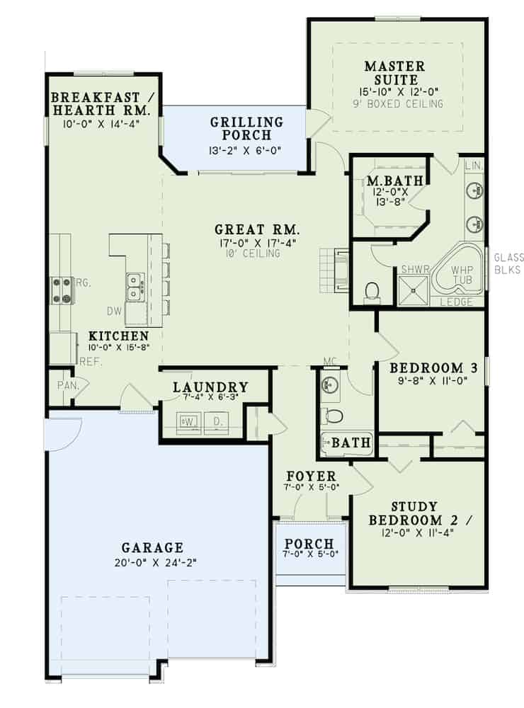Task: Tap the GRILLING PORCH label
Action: tap(246, 128)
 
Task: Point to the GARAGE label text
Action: tap(152, 547)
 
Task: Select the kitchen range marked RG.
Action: tap(62, 289)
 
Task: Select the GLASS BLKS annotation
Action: tap(508, 263)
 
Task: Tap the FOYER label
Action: tap(311, 475)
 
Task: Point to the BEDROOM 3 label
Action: tap(434, 367)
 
